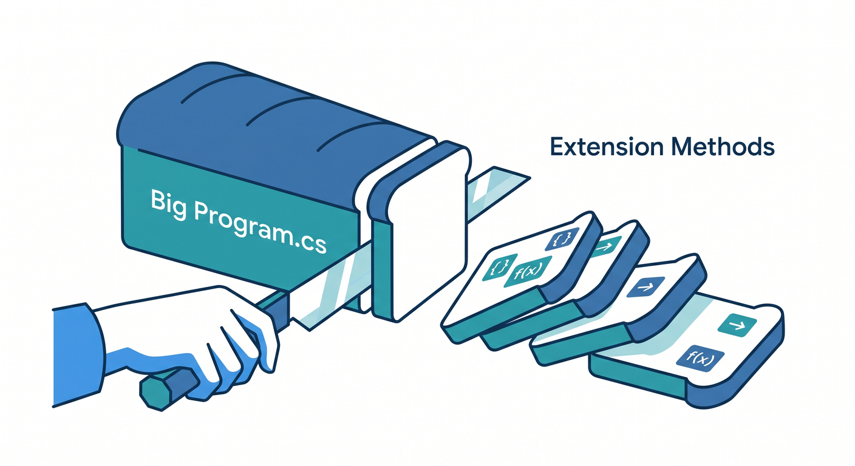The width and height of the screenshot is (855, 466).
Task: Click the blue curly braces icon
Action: (562, 239)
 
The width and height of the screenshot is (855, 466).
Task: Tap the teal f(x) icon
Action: (528, 271)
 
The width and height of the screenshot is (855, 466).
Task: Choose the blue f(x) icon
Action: (700, 359)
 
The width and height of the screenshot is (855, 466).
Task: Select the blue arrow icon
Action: (646, 287)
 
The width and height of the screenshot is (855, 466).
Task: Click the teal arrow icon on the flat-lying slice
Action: (737, 325)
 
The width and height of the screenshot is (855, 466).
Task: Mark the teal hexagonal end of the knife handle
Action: (155, 392)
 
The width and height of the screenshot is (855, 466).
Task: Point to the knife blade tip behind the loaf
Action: (530, 177)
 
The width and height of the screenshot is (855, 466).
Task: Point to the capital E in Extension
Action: (557, 147)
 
